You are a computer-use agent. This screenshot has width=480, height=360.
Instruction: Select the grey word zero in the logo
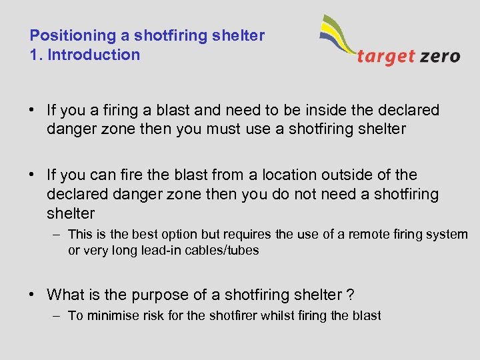coord(439,56)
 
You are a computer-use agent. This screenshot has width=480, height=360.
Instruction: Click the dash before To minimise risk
coord(55,316)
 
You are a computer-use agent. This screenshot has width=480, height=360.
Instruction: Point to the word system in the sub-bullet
coord(447,234)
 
